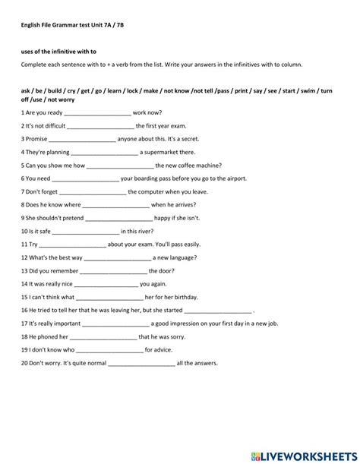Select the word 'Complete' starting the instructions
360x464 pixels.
pyautogui.click(x=33, y=65)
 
